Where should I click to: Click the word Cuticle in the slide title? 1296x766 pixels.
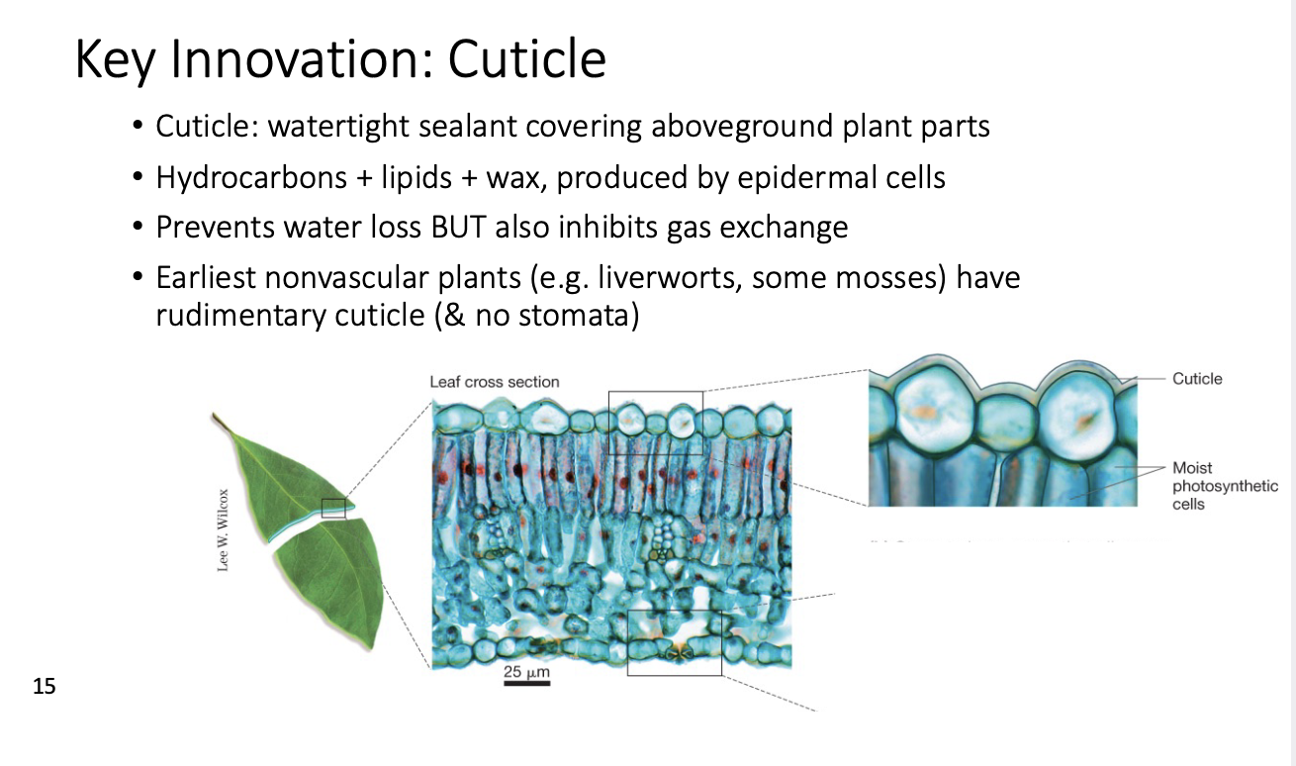[526, 59]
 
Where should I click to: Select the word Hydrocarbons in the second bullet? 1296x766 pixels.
[251, 178]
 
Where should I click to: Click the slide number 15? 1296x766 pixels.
[44, 686]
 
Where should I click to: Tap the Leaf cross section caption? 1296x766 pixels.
[494, 382]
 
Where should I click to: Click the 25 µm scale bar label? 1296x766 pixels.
[526, 672]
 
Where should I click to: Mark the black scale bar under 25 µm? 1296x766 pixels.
[526, 684]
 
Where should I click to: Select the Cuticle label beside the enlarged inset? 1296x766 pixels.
[1197, 379]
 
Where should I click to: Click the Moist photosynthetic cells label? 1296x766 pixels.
[1225, 486]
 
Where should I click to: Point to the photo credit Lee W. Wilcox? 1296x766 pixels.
[224, 530]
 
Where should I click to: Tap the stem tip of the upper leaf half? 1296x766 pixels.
[214, 414]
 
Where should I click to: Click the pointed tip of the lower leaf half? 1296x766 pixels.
[371, 648]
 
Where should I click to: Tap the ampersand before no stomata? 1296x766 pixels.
[453, 316]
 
